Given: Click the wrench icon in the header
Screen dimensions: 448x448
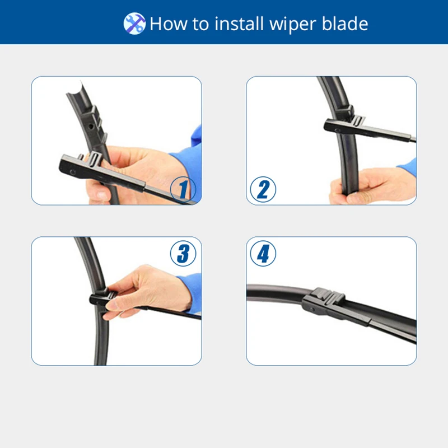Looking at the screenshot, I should [x=134, y=24].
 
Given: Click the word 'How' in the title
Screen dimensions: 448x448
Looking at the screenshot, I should [x=168, y=24].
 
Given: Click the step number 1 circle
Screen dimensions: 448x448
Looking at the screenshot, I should [x=183, y=189].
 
